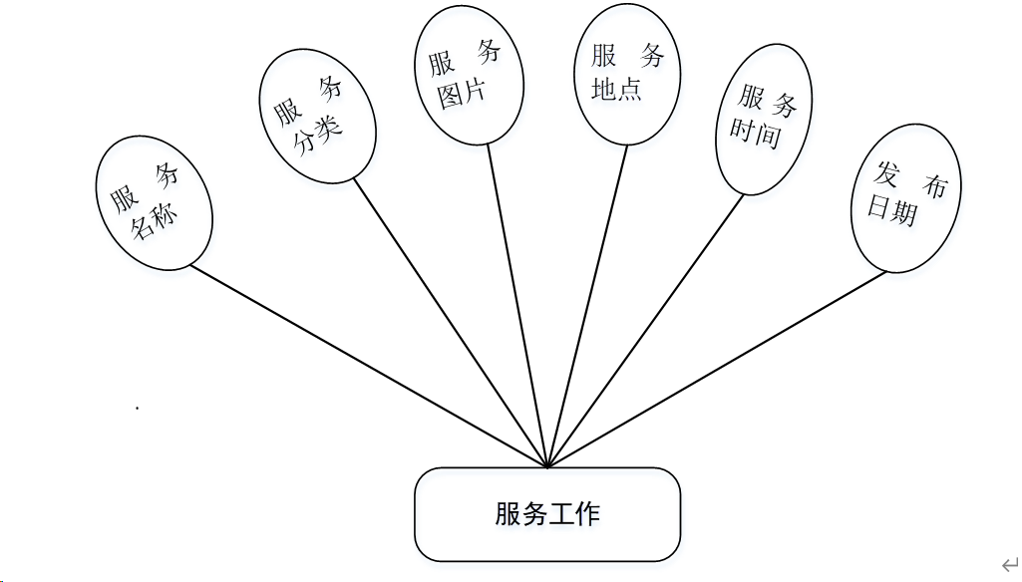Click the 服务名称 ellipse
(x=154, y=204)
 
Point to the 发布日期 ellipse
(x=905, y=197)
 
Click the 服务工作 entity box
(x=547, y=515)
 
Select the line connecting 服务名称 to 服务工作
(x=369, y=366)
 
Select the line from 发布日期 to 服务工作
(x=718, y=368)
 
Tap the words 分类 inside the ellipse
(x=318, y=135)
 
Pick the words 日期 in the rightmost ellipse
(x=891, y=210)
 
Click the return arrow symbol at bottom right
(x=1009, y=564)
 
